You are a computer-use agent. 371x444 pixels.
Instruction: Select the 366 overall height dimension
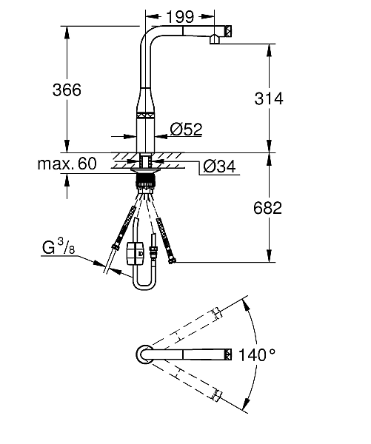click(x=67, y=89)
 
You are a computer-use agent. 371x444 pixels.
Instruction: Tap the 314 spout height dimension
click(x=268, y=98)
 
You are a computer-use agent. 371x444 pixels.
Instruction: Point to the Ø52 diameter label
click(x=186, y=129)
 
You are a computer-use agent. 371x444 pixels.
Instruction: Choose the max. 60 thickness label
click(x=67, y=164)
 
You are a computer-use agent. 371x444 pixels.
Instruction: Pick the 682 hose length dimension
click(x=267, y=209)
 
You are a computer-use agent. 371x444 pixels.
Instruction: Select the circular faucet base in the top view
click(x=144, y=354)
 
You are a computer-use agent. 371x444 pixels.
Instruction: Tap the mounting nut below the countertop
click(x=146, y=178)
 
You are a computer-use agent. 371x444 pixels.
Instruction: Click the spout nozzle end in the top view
click(x=226, y=354)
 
